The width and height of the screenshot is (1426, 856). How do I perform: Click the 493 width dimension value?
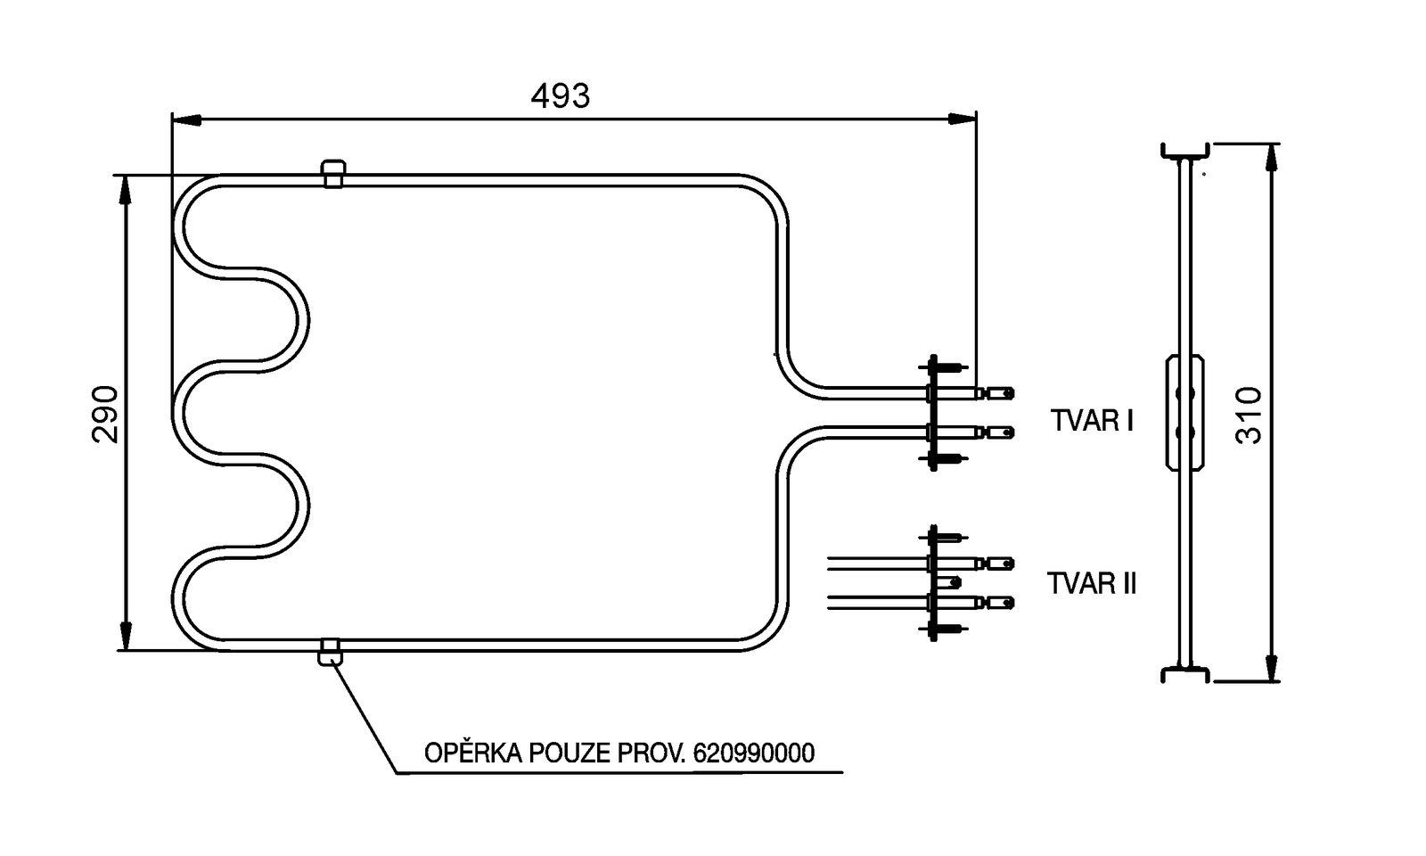click(x=560, y=95)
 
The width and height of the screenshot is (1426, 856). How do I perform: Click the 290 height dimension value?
click(x=104, y=413)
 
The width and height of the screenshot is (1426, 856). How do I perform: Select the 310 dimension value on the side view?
click(x=1250, y=415)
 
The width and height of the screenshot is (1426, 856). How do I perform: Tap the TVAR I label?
click(x=1092, y=420)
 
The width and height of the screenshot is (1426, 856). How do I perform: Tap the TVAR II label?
click(x=1092, y=584)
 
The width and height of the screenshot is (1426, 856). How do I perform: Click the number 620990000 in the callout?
click(x=753, y=753)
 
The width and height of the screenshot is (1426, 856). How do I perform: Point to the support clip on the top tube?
click(x=332, y=174)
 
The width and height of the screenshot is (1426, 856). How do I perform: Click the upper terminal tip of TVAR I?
click(x=1004, y=392)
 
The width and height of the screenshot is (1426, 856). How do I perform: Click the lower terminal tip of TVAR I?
click(x=1004, y=432)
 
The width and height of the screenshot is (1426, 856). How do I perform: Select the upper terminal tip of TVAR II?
click(x=1004, y=563)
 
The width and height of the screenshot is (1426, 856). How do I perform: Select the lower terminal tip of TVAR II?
click(x=1004, y=602)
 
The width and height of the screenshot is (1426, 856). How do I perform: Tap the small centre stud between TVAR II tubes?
click(x=955, y=582)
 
